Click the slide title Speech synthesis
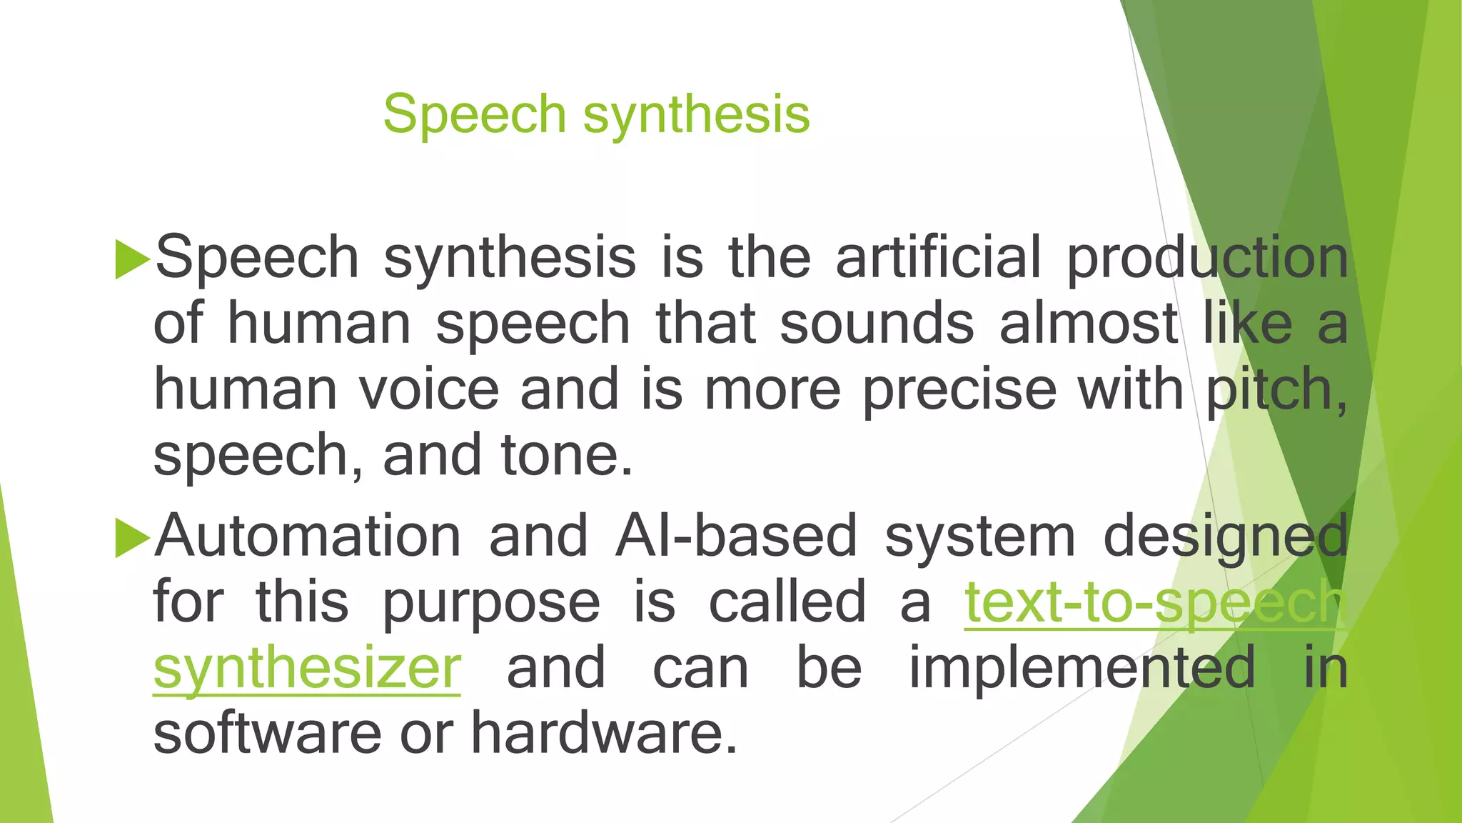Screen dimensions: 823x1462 click(x=596, y=114)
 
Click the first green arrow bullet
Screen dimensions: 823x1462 click(x=132, y=259)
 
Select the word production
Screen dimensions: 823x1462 click(x=1207, y=259)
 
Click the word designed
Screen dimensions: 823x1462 click(x=1225, y=537)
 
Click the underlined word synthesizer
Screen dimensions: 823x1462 click(x=307, y=669)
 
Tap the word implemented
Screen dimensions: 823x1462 click(x=1082, y=669)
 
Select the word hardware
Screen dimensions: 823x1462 click(x=603, y=733)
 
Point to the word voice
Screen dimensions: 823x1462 click(x=428, y=390)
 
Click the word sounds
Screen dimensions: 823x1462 click(x=877, y=323)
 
